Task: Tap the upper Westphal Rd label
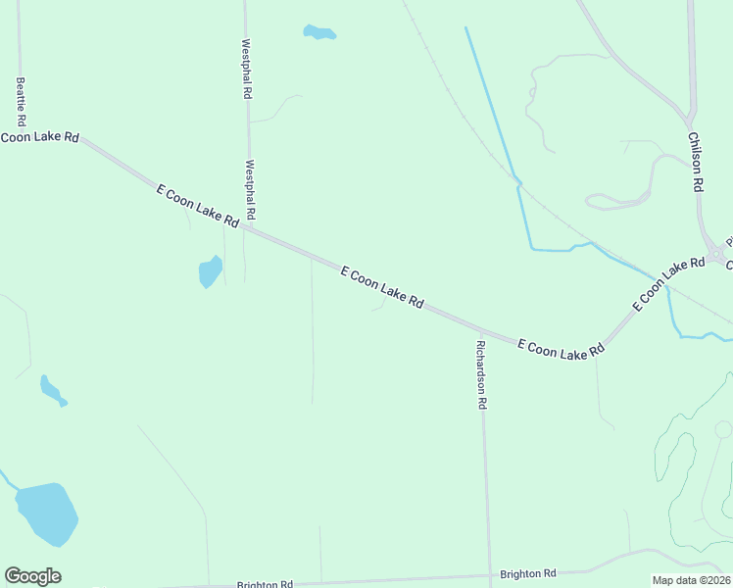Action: coord(247,69)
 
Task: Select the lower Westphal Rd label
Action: coord(251,189)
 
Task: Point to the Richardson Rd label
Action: coord(481,374)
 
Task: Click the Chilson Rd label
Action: coord(697,162)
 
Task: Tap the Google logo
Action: coord(32,576)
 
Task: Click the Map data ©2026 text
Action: coord(692,580)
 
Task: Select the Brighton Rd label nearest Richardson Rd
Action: coord(527,573)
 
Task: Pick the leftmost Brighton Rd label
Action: coord(265,584)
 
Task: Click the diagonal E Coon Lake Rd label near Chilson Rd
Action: coord(668,284)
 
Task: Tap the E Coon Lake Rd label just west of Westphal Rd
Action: coord(197,206)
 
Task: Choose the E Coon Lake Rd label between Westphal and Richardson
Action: coord(381,287)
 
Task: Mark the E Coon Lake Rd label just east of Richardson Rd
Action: coord(558,349)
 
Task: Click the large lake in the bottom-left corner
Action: coord(46,512)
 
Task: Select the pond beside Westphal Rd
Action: coord(210,270)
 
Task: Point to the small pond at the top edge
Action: coord(318,33)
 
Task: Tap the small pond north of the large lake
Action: coord(51,389)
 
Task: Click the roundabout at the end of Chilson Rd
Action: coord(717,254)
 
